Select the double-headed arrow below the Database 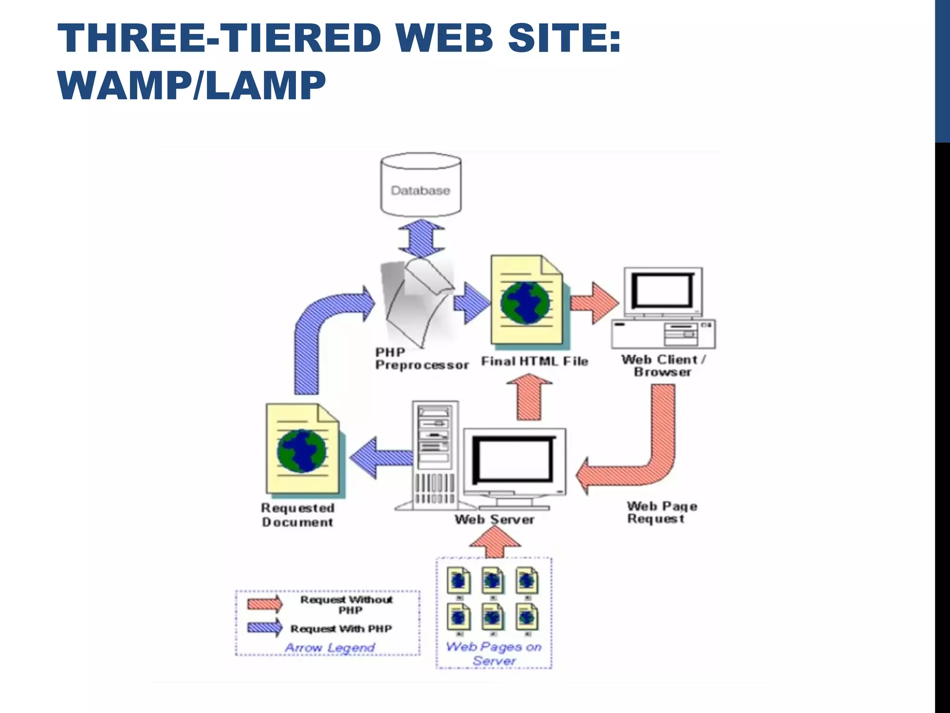point(421,239)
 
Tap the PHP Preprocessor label point(421,359)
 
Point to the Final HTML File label point(534,361)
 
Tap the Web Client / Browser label point(663,365)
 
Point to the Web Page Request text point(661,512)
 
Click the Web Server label point(494,519)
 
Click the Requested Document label point(297,515)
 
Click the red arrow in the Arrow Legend point(264,603)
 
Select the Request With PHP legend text point(341,629)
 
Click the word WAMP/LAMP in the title point(192,86)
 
